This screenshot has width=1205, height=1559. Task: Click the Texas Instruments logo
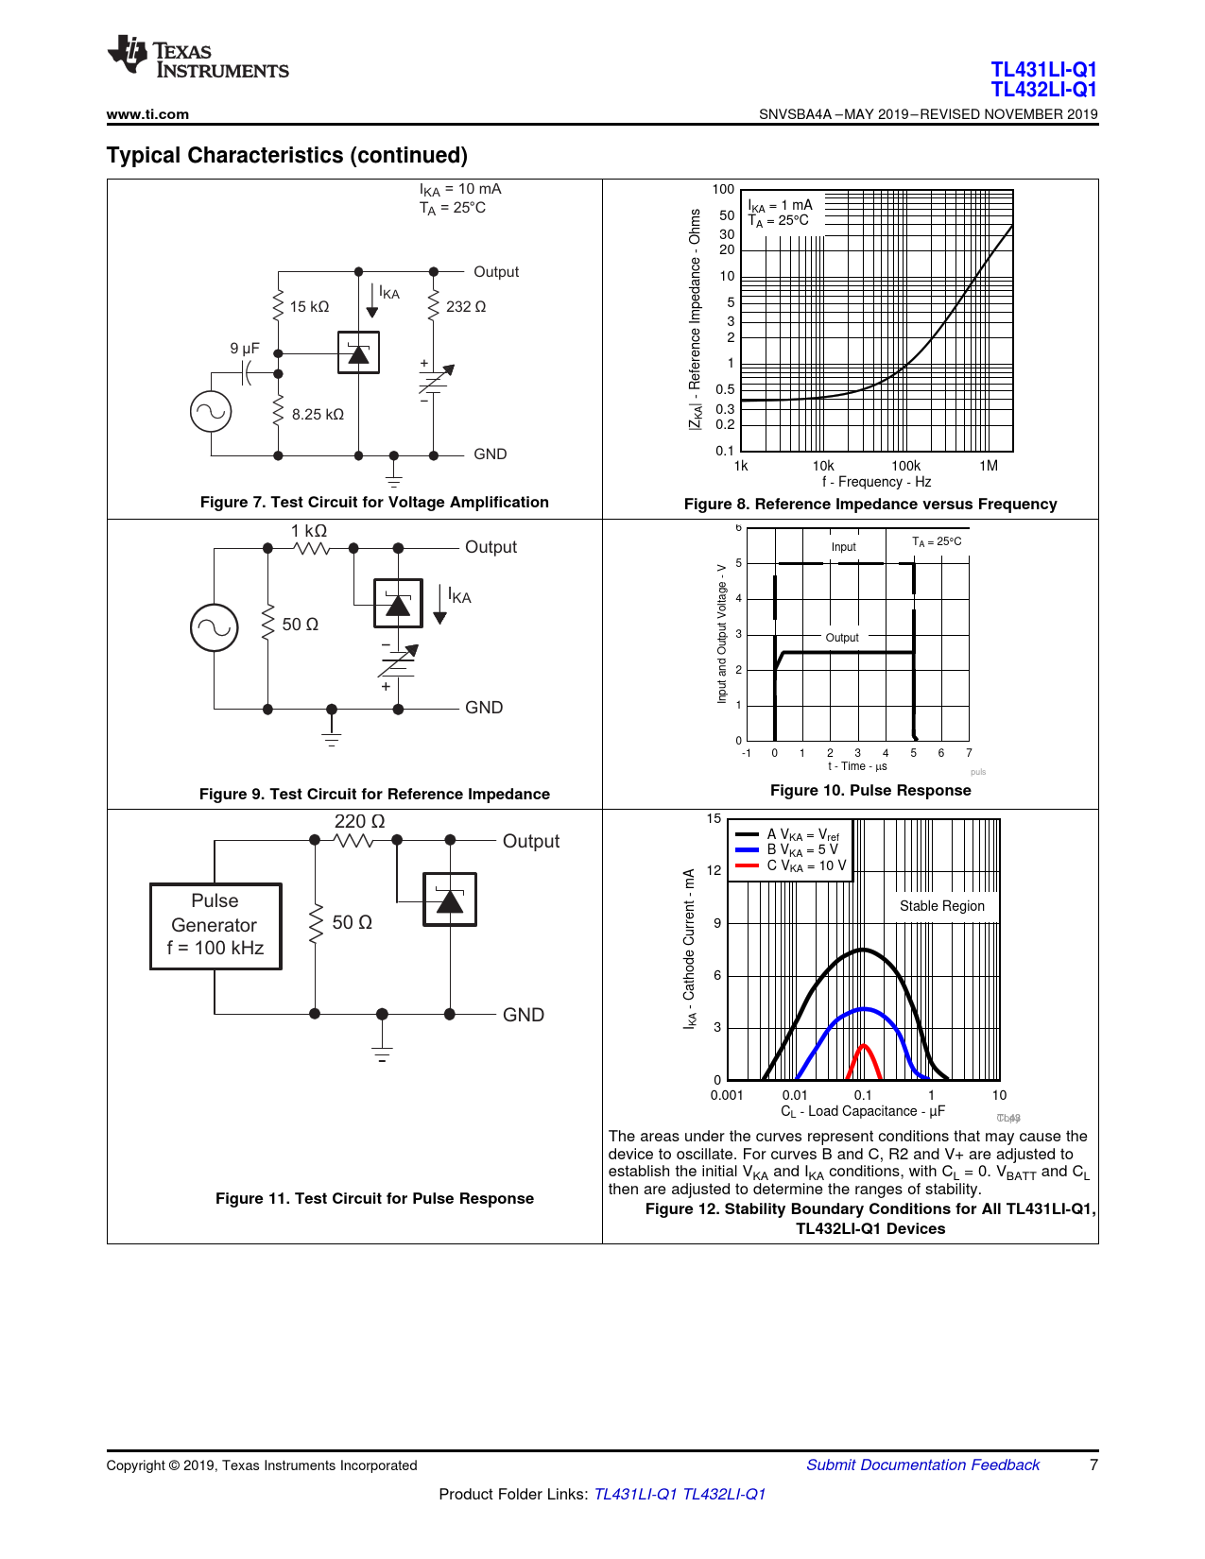point(198,56)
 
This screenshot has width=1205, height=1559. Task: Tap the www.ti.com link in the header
point(147,114)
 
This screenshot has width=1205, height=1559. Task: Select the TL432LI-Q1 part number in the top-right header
point(1043,90)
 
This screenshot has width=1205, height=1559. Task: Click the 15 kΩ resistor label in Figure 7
point(309,307)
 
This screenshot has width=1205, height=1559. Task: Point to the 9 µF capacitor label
point(244,349)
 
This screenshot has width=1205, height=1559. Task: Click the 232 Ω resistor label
point(466,307)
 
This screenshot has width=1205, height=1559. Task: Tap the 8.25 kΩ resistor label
point(318,415)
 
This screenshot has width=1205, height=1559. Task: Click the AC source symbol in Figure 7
point(211,412)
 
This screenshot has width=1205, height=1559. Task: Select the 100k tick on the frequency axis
point(905,466)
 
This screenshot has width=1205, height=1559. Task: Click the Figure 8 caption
point(869,505)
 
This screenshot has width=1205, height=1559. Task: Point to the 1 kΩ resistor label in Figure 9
point(308,531)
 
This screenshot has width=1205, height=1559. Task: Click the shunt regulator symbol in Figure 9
point(398,604)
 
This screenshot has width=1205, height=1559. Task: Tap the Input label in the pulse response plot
point(843,547)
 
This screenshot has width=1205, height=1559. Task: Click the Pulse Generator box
point(215,926)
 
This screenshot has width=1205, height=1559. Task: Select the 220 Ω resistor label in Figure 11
point(359,822)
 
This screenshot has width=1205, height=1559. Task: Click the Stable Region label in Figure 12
point(941,906)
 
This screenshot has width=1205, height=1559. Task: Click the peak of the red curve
point(864,1045)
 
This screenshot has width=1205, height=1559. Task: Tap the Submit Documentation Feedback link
point(922,1465)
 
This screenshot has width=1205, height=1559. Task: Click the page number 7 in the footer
point(1093,1465)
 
